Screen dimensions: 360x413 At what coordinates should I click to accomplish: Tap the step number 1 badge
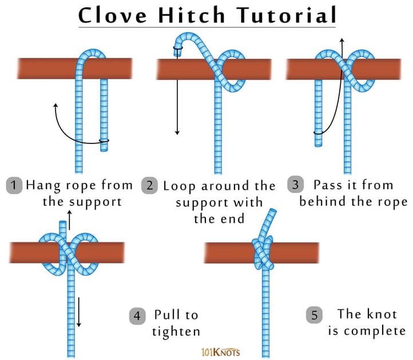(14, 185)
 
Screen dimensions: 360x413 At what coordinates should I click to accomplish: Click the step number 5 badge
(313, 315)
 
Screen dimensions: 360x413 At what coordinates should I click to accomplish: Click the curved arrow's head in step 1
(55, 106)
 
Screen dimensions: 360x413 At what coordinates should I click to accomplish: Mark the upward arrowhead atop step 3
(341, 41)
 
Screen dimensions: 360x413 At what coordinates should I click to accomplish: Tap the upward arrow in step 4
(70, 217)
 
